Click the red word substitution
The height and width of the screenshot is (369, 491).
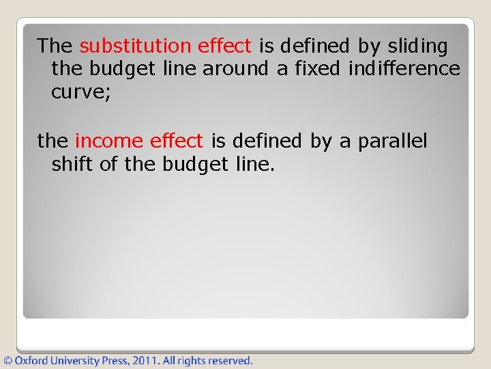click(136, 46)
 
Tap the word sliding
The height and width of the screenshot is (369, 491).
click(417, 46)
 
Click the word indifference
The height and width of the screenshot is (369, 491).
click(404, 69)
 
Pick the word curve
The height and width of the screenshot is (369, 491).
click(76, 92)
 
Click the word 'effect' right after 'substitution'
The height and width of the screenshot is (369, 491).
click(224, 46)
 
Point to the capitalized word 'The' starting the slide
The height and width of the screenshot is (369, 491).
click(55, 46)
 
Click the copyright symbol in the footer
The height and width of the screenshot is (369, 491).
click(8, 360)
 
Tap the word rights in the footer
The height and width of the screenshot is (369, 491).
click(192, 360)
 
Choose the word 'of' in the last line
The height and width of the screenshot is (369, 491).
click(109, 165)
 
